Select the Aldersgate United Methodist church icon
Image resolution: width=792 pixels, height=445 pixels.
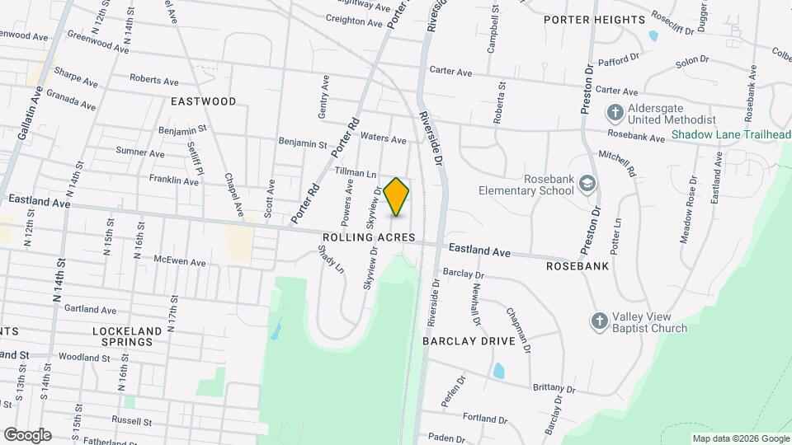pyautogui.click(x=615, y=112)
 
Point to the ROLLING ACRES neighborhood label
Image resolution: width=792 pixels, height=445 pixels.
pyautogui.click(x=368, y=237)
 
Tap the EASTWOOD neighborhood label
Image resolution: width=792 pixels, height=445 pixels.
pyautogui.click(x=203, y=101)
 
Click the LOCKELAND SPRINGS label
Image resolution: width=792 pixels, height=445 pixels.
pyautogui.click(x=122, y=336)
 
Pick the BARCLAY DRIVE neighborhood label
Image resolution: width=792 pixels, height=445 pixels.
pyautogui.click(x=469, y=340)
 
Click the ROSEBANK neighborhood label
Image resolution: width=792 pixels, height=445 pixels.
pyautogui.click(x=577, y=266)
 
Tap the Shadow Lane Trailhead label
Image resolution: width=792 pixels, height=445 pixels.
pyautogui.click(x=731, y=135)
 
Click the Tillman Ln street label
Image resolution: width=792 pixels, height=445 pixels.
pyautogui.click(x=356, y=173)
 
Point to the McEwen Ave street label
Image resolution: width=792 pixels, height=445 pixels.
pyautogui.click(x=179, y=261)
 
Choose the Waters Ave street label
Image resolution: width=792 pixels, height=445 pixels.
pyautogui.click(x=384, y=139)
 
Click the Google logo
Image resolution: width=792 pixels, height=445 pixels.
pyautogui.click(x=27, y=435)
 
